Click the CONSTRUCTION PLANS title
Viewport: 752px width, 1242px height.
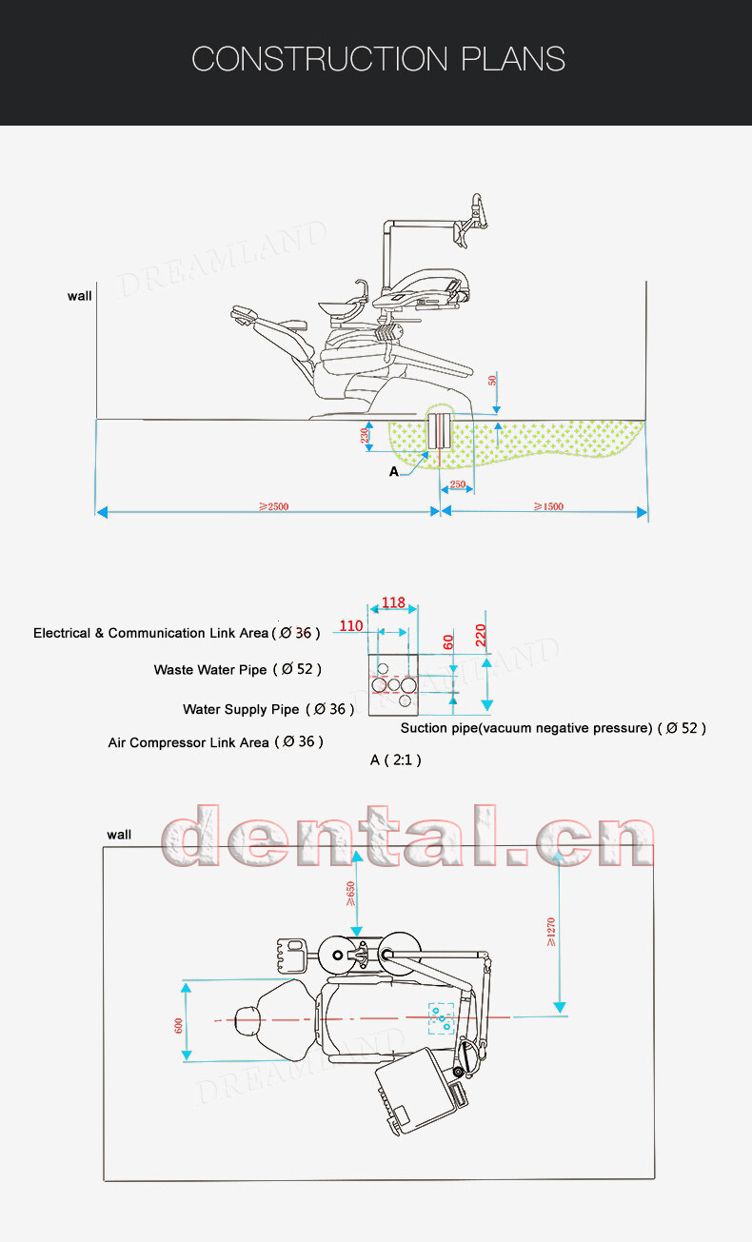(378, 59)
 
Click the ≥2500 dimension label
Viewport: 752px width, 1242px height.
(273, 506)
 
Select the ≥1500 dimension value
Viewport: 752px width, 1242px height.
(547, 506)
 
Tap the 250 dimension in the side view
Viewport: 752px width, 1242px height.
(458, 485)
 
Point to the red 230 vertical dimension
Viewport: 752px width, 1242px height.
(365, 437)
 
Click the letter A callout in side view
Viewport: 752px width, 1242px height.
(393, 471)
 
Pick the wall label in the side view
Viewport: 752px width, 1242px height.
(80, 296)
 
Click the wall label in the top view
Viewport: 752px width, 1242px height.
(119, 835)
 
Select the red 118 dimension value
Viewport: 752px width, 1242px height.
(393, 602)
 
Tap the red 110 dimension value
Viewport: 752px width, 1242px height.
(351, 625)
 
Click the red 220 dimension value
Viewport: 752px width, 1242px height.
(481, 634)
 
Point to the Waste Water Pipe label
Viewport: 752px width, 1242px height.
(210, 670)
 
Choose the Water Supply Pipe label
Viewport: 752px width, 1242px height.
(241, 709)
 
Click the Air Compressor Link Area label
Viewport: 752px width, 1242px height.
(188, 742)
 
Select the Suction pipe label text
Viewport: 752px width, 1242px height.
(526, 728)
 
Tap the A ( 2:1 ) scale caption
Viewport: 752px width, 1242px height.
(395, 759)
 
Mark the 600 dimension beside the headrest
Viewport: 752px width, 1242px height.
(178, 1025)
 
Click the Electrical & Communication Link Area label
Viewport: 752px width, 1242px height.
(151, 633)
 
